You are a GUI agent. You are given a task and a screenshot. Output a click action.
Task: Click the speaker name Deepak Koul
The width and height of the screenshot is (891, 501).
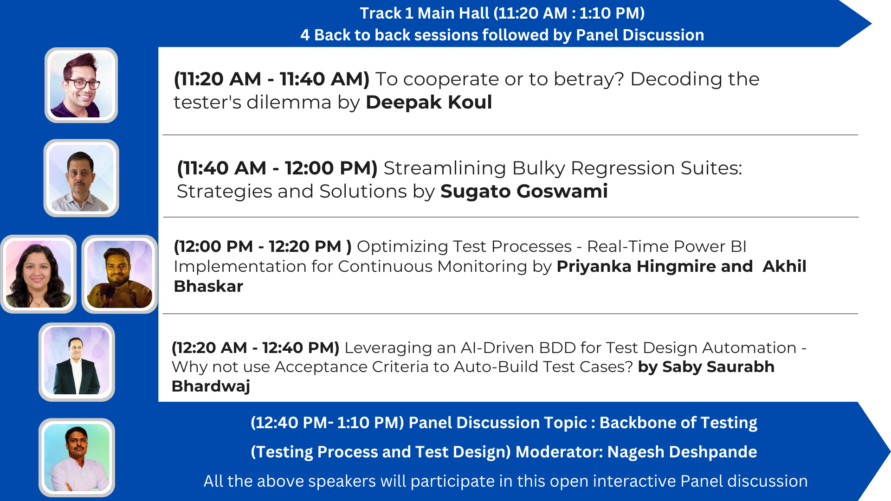[x=429, y=102]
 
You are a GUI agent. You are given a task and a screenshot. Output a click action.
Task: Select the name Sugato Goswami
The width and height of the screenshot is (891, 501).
[x=524, y=191]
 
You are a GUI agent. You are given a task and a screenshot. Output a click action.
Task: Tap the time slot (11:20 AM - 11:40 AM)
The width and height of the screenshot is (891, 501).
[x=271, y=79]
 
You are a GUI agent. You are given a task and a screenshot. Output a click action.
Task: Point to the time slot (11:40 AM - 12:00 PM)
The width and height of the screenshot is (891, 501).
[x=277, y=168]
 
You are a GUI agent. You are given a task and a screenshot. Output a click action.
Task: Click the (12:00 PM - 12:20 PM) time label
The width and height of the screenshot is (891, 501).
[x=263, y=246]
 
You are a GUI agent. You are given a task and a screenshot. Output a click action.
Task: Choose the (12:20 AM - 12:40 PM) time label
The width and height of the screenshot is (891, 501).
[x=256, y=347]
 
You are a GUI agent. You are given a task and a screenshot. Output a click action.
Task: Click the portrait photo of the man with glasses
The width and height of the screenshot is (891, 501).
[x=81, y=85]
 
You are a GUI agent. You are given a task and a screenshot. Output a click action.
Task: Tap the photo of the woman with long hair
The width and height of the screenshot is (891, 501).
[x=39, y=274]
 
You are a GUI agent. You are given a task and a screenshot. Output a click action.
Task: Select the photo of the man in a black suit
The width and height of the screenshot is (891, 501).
[x=77, y=362]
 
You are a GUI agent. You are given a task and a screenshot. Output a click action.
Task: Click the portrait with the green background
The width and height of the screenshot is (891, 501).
[x=77, y=457]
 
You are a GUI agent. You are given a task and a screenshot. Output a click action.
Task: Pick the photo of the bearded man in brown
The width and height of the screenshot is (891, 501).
[x=120, y=274]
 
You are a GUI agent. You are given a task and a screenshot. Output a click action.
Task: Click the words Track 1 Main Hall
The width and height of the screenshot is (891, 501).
[x=424, y=13]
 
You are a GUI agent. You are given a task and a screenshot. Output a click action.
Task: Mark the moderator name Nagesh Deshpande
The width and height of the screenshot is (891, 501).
[x=682, y=452]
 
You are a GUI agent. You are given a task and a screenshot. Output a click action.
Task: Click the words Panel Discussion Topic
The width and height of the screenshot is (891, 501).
[x=497, y=423]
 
